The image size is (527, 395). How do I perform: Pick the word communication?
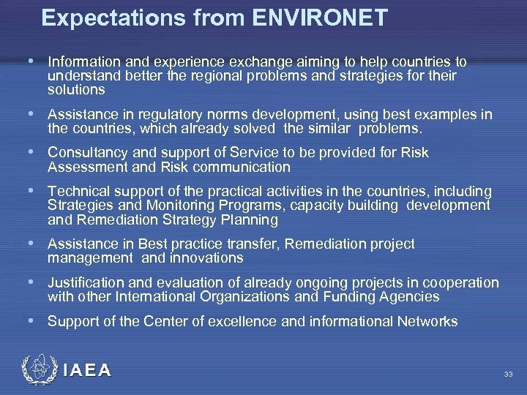[x=242, y=167]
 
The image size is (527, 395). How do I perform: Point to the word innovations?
[x=206, y=257]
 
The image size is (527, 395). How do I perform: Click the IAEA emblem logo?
[x=38, y=370]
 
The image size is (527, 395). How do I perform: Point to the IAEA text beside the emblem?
[x=87, y=371]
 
